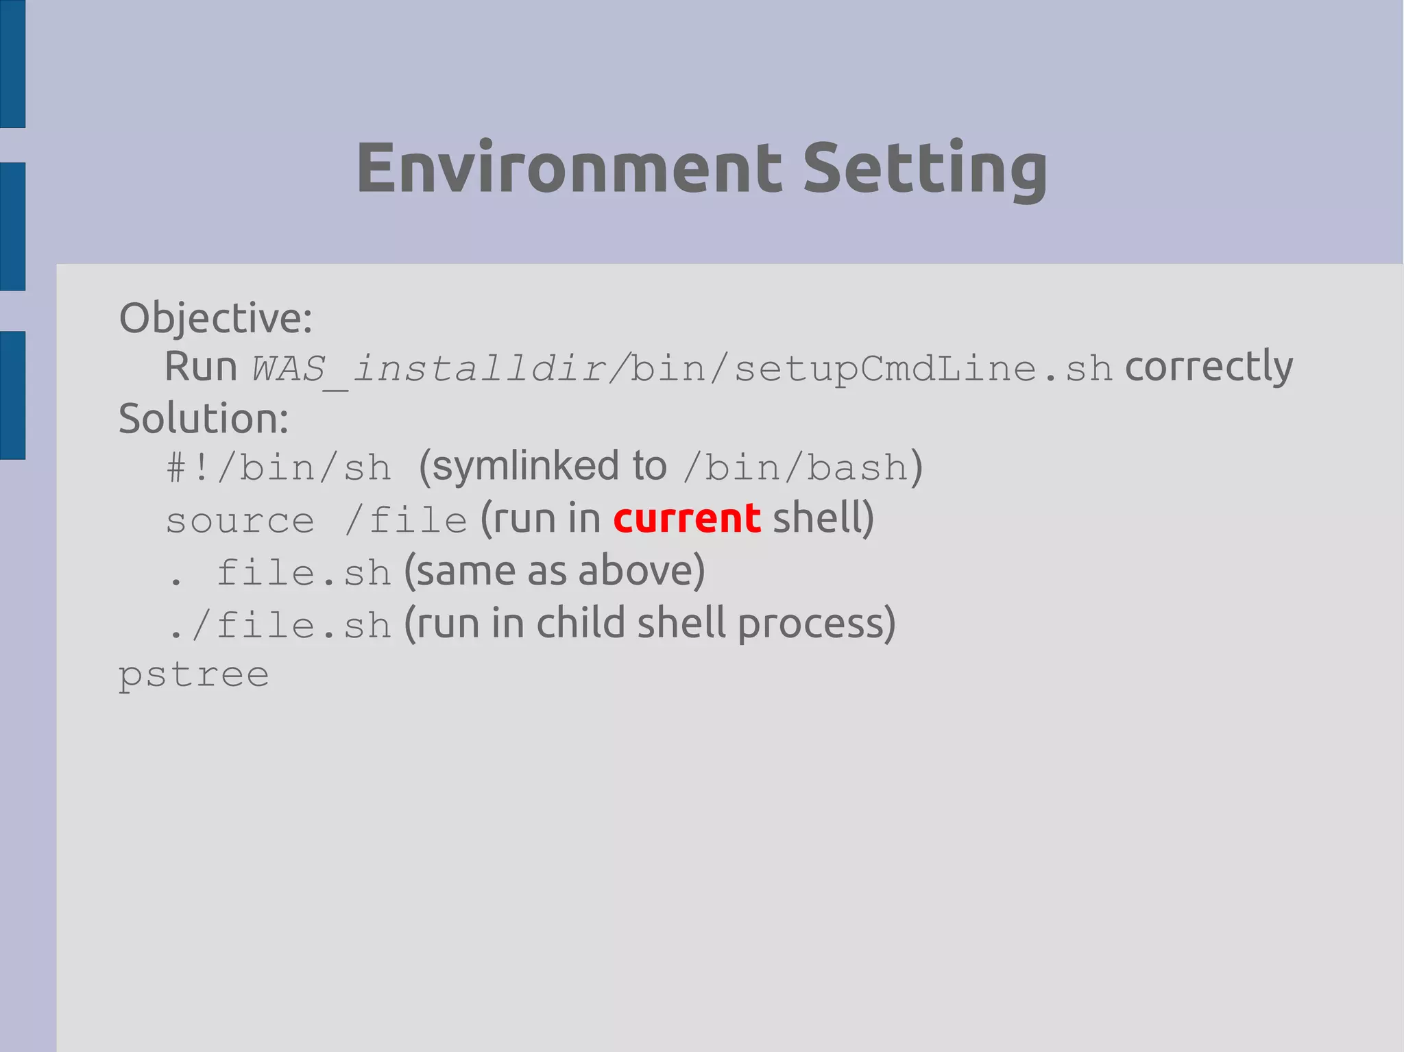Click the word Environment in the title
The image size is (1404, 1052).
tap(568, 168)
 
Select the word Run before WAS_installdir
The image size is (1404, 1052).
tap(200, 367)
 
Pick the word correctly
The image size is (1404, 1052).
tap(1209, 367)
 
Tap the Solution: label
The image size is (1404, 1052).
tap(204, 419)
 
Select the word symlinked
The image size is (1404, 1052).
tap(526, 467)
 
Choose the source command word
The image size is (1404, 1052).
tap(240, 522)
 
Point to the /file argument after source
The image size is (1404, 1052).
tap(406, 520)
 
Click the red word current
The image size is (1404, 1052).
tap(686, 519)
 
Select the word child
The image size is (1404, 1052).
tap(580, 623)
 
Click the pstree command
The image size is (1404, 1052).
tap(193, 676)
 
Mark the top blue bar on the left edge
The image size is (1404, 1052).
tap(12, 64)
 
